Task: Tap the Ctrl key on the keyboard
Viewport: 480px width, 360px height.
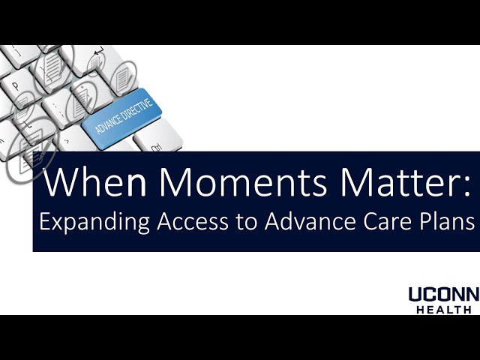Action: pyautogui.click(x=157, y=148)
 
